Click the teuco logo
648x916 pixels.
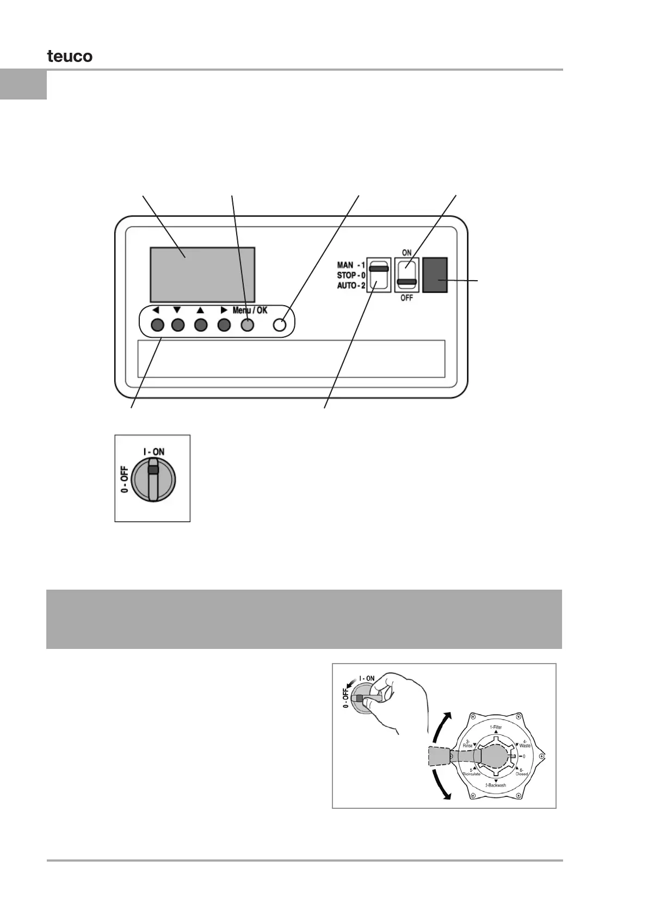pos(70,56)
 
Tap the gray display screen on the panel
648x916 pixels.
pos(202,275)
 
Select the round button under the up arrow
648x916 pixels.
pos(201,325)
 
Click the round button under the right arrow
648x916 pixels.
pos(224,325)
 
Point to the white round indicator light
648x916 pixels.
pos(280,325)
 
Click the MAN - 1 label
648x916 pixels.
pos(351,265)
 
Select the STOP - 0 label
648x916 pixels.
pos(351,275)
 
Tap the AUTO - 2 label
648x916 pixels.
pos(351,286)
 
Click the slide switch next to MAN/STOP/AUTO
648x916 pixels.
pos(378,275)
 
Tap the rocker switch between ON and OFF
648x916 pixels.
pos(406,275)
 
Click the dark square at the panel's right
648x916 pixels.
pos(435,275)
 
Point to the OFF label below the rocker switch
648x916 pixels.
pos(406,298)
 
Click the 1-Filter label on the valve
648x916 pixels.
pos(496,727)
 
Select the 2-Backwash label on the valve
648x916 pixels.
pos(495,785)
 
